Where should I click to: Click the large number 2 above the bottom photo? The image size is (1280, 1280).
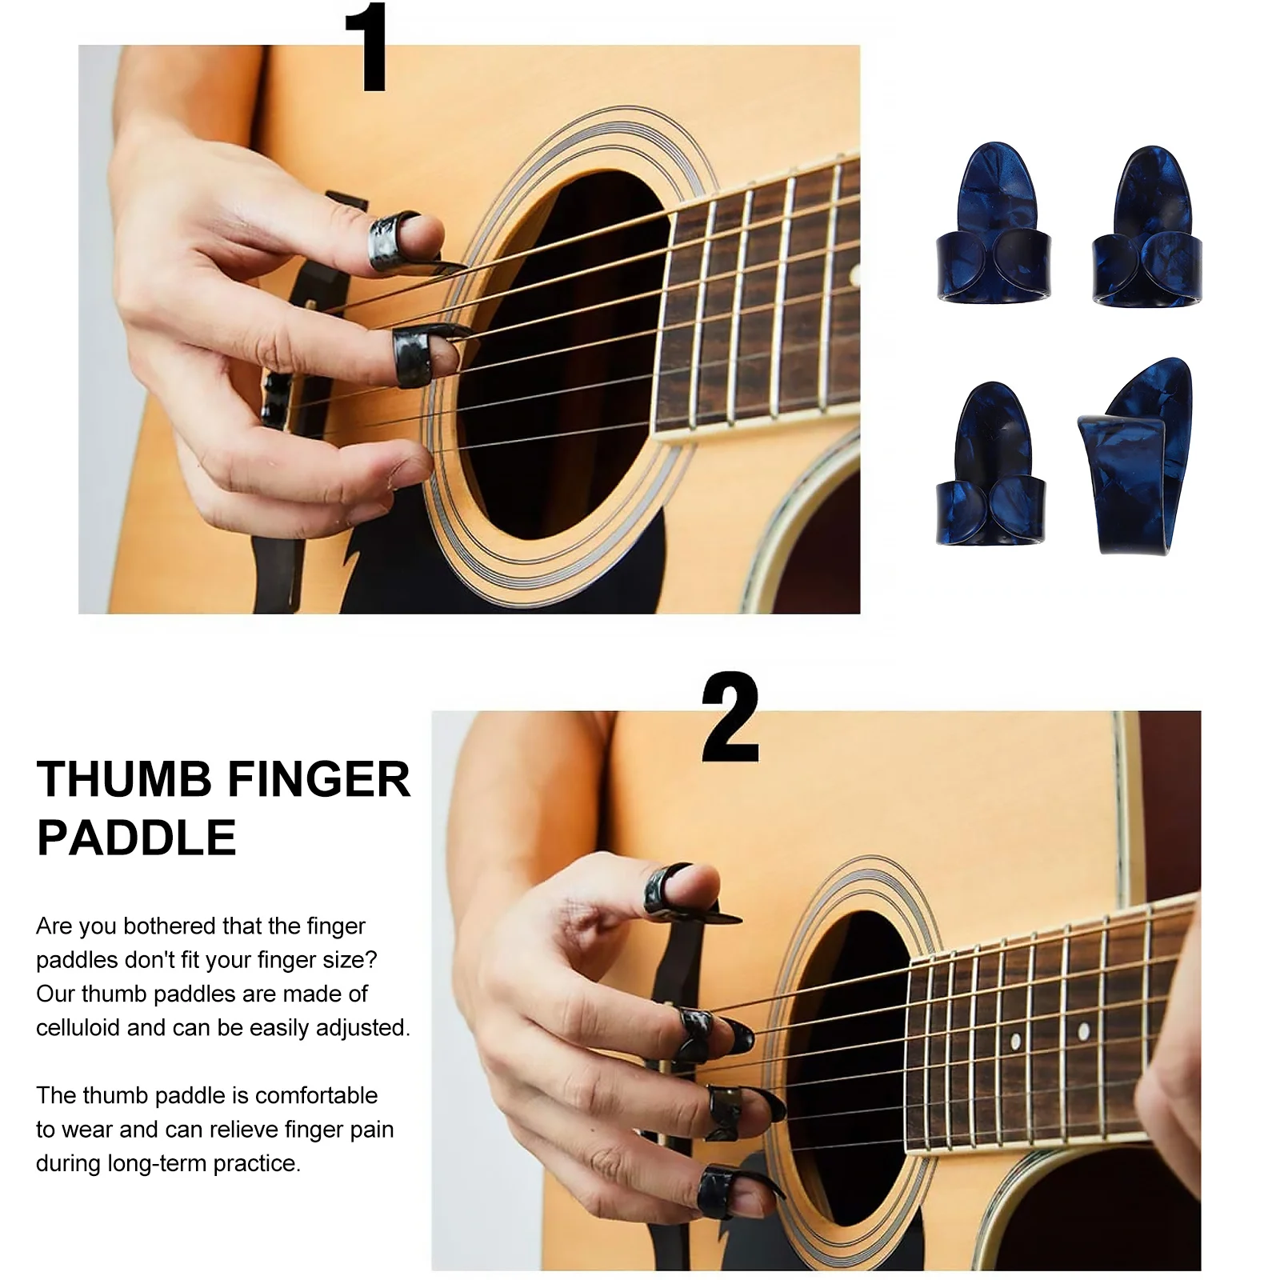click(x=729, y=718)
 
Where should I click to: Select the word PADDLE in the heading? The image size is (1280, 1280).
click(x=137, y=838)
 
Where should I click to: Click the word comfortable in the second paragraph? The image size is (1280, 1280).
click(x=317, y=1095)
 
